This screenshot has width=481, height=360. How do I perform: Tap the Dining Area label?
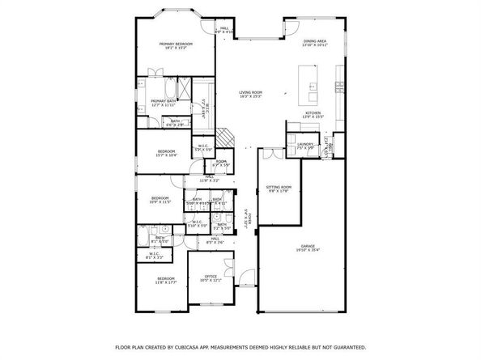point(314,40)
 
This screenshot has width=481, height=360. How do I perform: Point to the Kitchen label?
point(313,112)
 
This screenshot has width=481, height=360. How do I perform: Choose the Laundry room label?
point(304,145)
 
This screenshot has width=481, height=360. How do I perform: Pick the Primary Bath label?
point(163,100)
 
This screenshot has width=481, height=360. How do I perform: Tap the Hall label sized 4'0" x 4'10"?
point(225,28)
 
